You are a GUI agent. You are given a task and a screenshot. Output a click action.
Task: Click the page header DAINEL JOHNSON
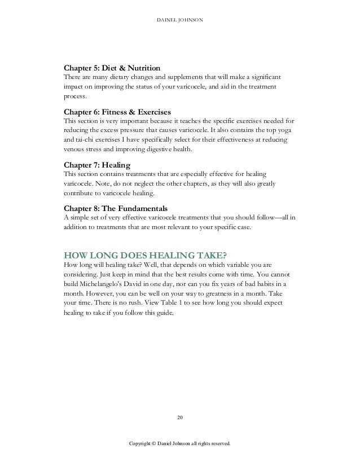point(179,21)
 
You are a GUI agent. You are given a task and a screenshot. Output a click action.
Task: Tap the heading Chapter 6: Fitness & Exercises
point(115,111)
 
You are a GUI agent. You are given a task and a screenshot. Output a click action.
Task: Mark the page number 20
point(179,417)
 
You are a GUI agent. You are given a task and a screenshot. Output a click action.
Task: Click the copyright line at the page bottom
point(179,444)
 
